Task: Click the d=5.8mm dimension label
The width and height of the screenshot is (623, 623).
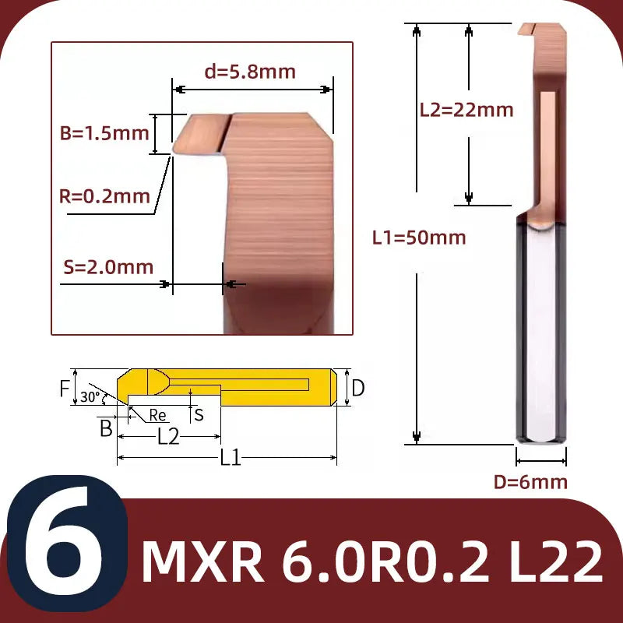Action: [249, 72]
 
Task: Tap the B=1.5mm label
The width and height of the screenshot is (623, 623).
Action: [104, 133]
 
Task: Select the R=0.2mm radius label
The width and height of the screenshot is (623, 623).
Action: [105, 196]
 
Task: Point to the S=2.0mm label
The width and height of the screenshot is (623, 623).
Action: [107, 267]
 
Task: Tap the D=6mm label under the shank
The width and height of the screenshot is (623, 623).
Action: [530, 482]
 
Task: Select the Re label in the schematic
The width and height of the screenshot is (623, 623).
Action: [157, 415]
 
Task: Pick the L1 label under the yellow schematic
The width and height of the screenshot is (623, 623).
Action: [230, 458]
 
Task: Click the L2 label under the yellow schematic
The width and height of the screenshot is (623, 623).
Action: [168, 436]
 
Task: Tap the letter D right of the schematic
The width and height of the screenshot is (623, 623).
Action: [357, 388]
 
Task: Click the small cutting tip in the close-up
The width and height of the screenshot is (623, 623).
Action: [199, 134]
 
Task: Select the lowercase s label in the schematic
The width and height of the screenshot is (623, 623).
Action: [199, 414]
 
